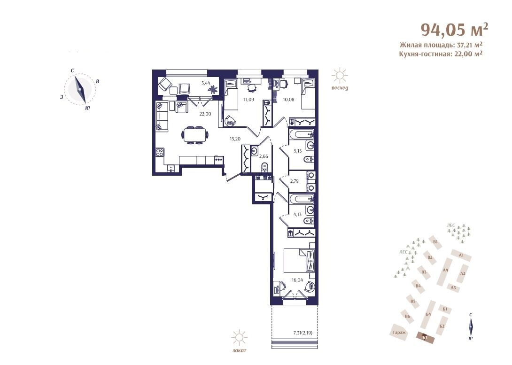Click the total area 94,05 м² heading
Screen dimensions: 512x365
coord(454,30)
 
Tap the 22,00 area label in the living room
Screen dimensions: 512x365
coord(205,114)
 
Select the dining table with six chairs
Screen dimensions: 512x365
coord(195,134)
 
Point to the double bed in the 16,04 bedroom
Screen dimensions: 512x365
coord(299,260)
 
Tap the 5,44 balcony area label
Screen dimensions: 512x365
coord(206,83)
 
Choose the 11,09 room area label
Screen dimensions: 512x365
coord(248,100)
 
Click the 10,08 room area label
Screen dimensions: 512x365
coord(289,100)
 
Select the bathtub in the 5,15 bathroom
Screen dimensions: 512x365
coord(302,134)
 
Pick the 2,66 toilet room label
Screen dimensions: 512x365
coord(263,156)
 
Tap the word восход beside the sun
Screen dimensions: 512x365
coord(340,88)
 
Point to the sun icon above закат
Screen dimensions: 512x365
coord(240,338)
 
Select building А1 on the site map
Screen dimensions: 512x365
coord(461,255)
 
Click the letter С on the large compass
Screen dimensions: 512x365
coord(72,70)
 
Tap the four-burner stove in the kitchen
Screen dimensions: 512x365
coord(160,153)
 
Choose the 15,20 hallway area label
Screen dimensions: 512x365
coord(235,139)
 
